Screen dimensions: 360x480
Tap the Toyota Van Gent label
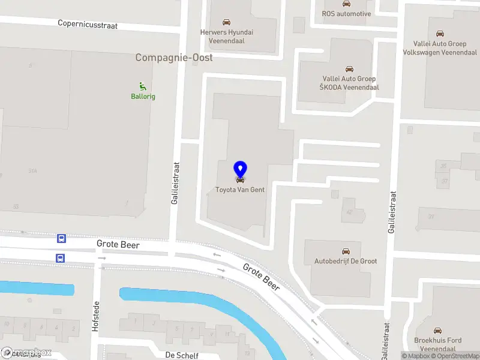[240, 190]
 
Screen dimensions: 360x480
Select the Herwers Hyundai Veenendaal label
[227, 37]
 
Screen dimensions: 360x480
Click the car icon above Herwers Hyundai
[226, 22]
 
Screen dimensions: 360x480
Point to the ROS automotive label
[346, 14]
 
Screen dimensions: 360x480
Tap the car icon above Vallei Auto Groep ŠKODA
[349, 69]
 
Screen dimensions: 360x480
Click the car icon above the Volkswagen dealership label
[440, 33]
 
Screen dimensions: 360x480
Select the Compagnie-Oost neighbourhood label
[174, 58]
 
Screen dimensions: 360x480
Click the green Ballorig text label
[143, 97]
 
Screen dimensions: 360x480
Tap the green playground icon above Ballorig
[143, 86]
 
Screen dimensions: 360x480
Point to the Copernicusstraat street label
[88, 25]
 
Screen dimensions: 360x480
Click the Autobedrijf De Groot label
[346, 261]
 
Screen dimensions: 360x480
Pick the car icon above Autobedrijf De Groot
[346, 251]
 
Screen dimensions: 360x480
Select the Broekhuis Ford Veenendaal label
[438, 344]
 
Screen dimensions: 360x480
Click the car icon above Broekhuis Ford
[438, 330]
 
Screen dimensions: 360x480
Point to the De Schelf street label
[182, 355]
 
